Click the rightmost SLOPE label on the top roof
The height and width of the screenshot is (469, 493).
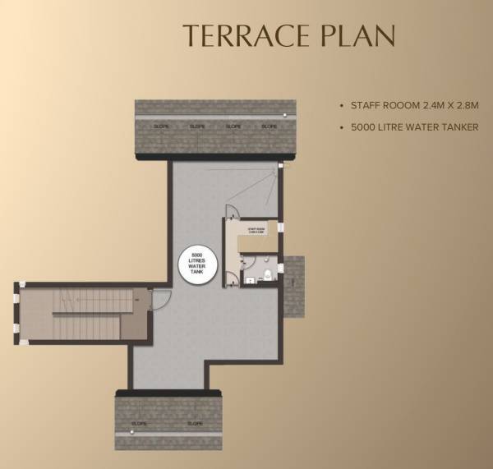point(269,126)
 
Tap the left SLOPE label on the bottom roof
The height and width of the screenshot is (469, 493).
point(140,424)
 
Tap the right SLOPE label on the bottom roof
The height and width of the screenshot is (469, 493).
point(196,424)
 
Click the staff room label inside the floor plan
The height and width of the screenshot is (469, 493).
point(256,232)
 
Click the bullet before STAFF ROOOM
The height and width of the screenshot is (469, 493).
point(342,106)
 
